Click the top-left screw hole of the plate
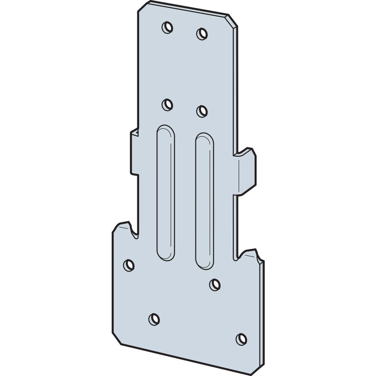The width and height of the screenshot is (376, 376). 167,27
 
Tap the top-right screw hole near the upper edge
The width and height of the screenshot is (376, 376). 202,34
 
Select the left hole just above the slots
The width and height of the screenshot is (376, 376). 167,105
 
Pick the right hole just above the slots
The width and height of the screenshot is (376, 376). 202,111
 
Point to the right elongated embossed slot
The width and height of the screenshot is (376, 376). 205,201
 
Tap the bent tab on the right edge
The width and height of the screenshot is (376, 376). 246,171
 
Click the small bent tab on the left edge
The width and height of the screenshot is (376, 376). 134,152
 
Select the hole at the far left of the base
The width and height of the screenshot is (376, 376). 129,265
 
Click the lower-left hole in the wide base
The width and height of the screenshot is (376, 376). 154,319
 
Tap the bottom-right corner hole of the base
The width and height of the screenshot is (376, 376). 241,339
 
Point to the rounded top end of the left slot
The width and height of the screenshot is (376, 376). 166,130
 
